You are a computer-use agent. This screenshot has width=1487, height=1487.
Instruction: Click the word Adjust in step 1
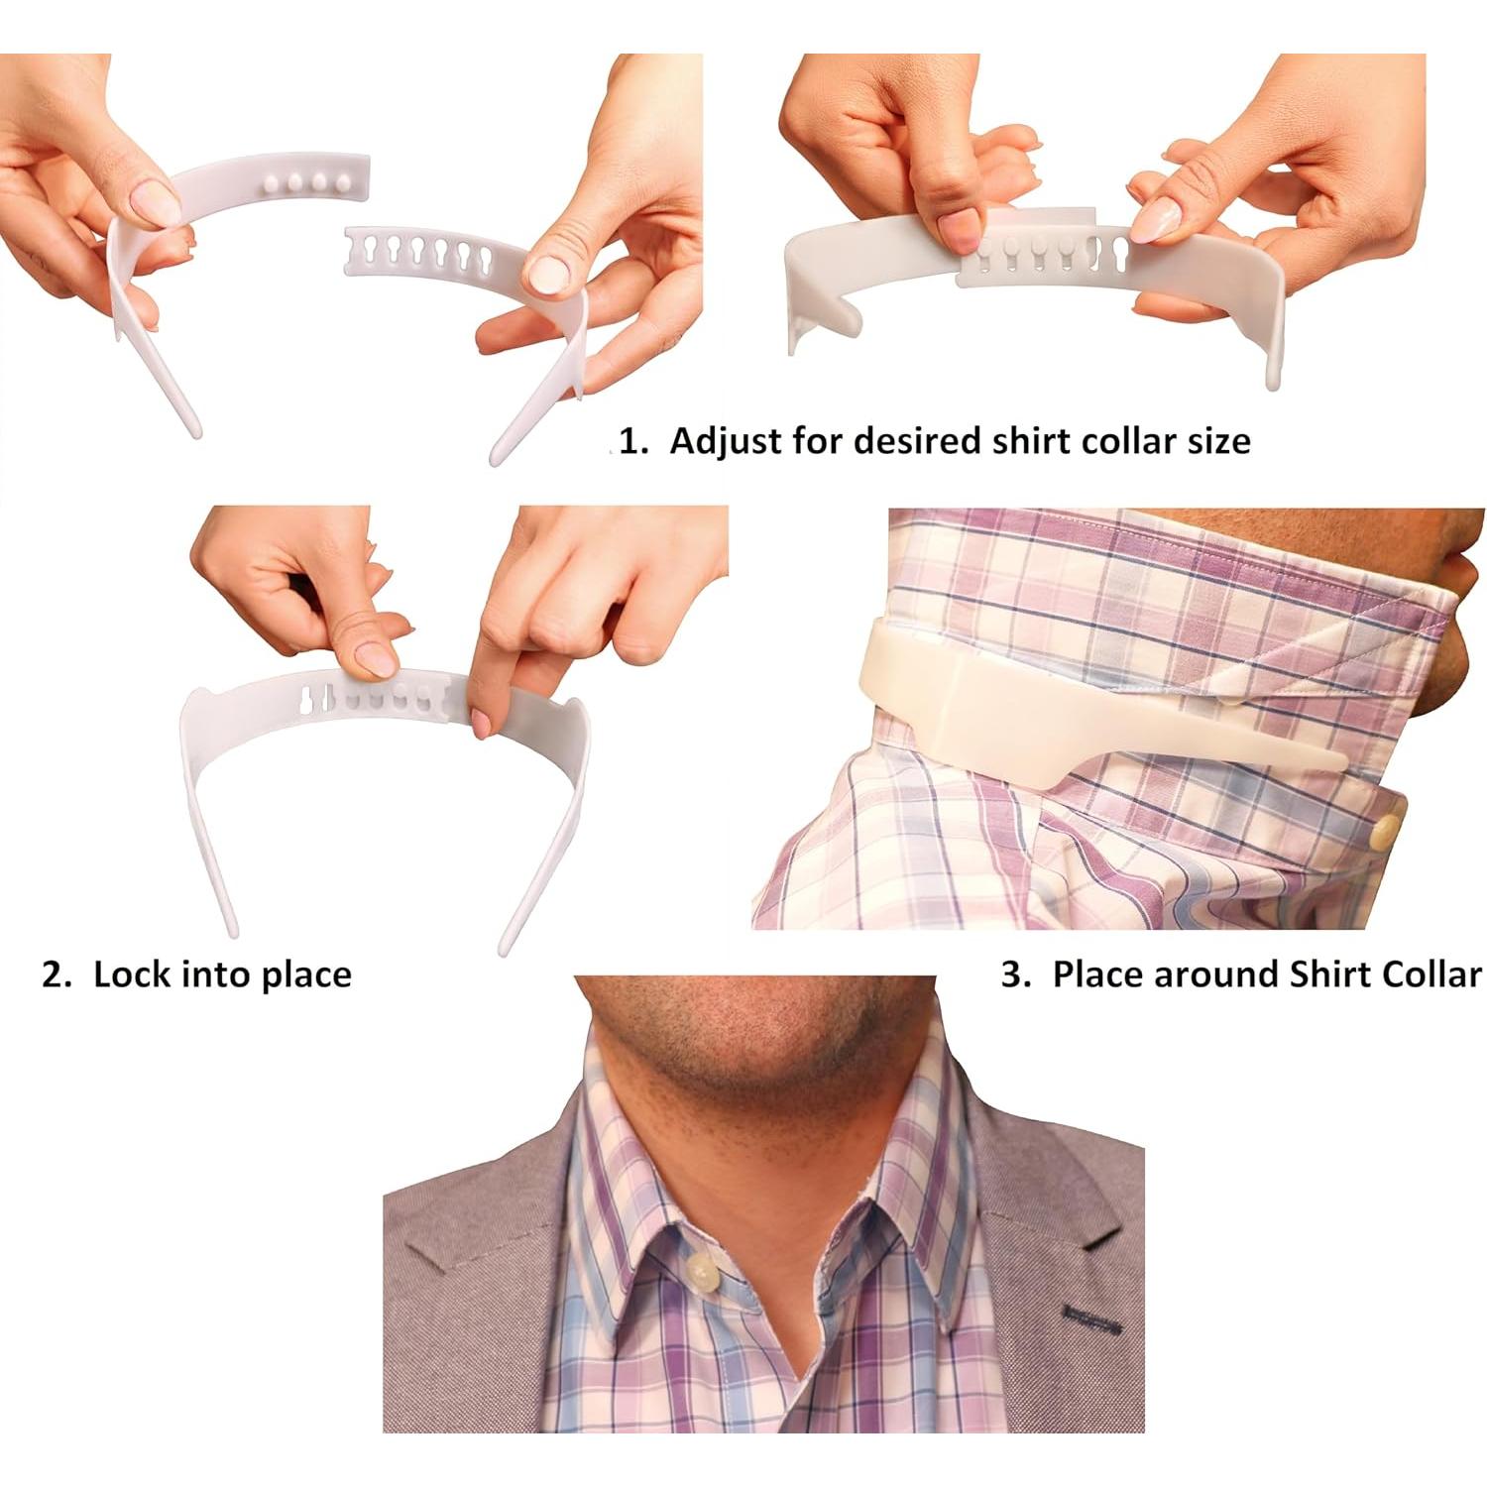(725, 441)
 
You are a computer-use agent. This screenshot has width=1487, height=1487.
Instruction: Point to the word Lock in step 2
(132, 974)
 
